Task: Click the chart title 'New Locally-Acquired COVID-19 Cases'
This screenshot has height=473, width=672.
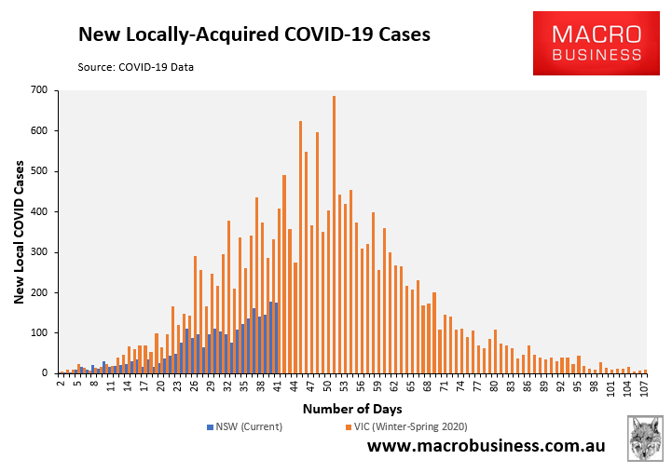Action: coord(254,35)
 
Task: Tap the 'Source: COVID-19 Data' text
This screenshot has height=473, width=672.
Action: coord(142,66)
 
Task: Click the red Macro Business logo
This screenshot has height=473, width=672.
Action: coord(596,44)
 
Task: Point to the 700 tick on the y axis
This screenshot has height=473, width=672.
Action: coord(39,90)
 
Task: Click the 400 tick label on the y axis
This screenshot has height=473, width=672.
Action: coord(39,211)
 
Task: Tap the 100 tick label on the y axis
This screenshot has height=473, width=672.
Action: coord(39,332)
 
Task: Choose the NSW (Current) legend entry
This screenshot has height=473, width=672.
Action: coord(244,426)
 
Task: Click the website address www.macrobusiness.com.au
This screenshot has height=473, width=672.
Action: coord(486,447)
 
